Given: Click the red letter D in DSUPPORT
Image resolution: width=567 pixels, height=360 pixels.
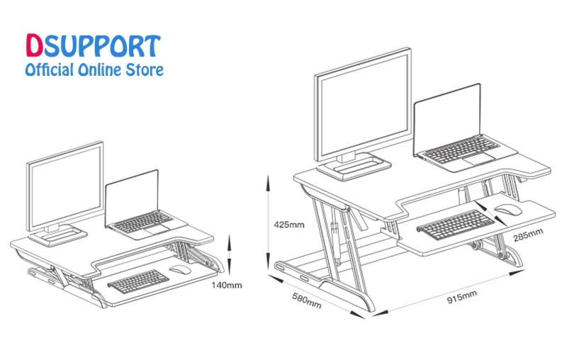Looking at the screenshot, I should pyautogui.click(x=34, y=47).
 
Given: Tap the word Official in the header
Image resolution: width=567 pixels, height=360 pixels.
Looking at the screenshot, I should pyautogui.click(x=49, y=69).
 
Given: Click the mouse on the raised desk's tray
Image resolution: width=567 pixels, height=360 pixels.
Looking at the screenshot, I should pyautogui.click(x=507, y=208).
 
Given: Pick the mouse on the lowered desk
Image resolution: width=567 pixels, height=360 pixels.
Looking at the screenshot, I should pyautogui.click(x=179, y=269).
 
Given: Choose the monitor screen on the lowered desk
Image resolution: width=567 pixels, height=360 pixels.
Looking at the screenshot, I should pyautogui.click(x=65, y=184).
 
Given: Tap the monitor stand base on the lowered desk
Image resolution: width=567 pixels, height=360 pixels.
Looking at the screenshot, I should pyautogui.click(x=60, y=233).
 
